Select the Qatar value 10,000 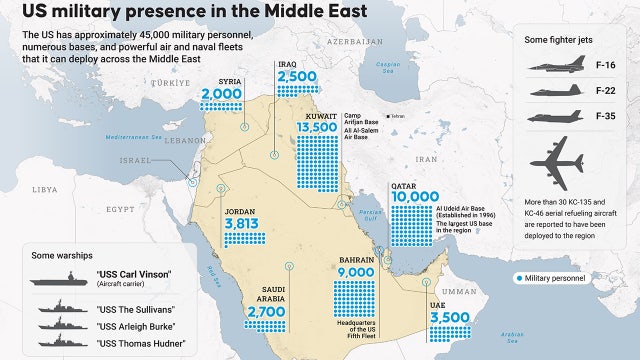point(416,196)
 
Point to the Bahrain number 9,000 point(356,271)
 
